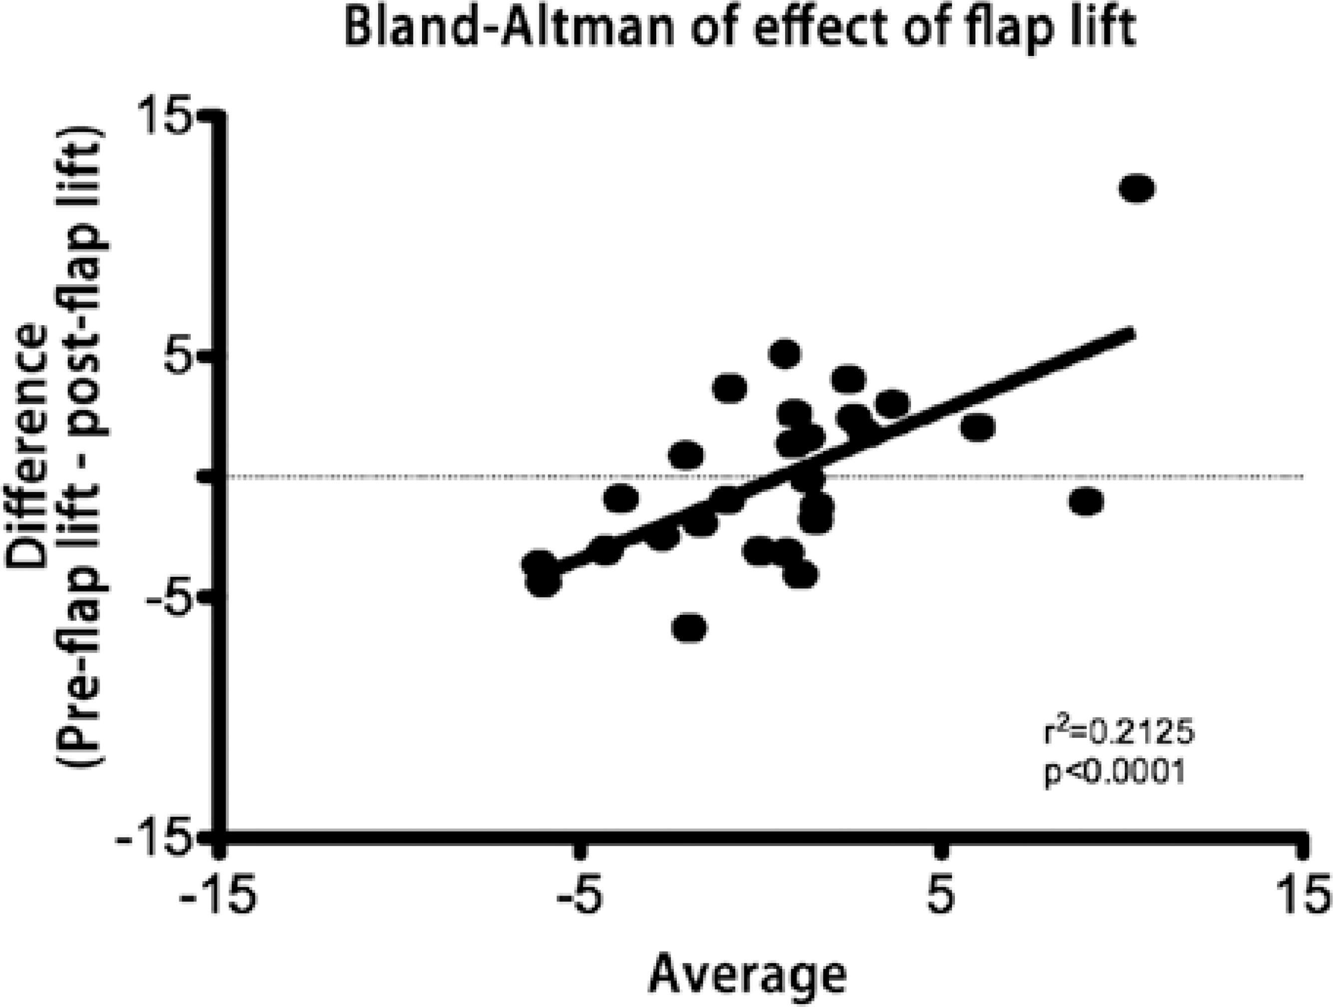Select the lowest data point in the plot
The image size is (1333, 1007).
689,628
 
